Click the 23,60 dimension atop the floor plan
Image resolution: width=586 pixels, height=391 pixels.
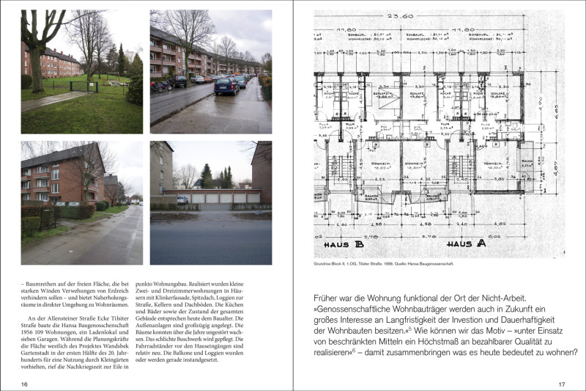438,15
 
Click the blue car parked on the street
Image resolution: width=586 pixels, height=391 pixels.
227,87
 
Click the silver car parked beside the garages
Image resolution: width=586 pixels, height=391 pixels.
182,200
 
